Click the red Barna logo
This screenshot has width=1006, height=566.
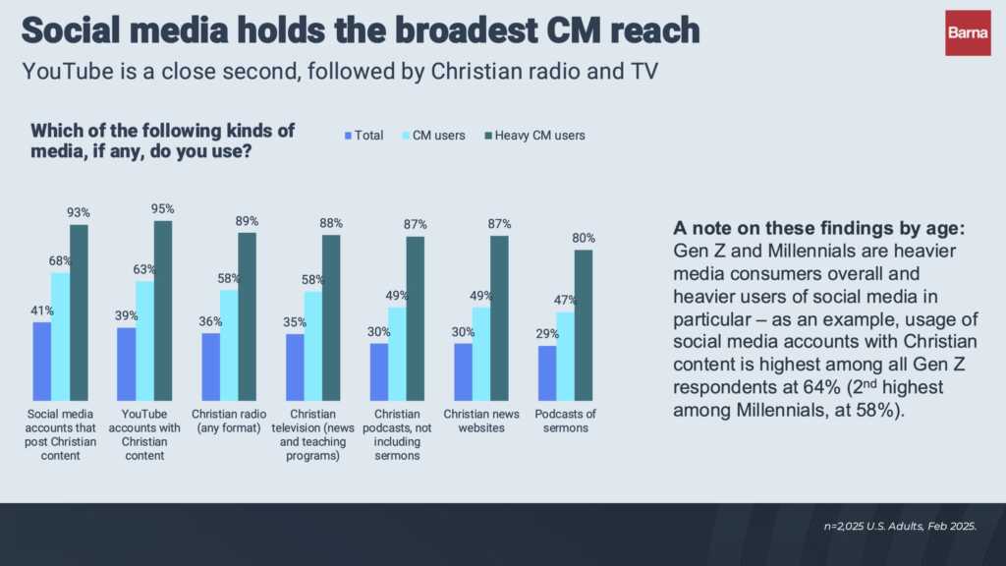[968, 32]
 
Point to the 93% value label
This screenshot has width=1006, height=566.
[79, 212]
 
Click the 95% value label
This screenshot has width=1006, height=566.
[163, 208]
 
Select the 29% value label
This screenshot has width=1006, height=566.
[547, 334]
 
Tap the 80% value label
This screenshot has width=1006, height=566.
[584, 238]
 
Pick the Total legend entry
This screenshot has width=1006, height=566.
[362, 136]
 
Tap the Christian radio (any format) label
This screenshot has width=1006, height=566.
[228, 421]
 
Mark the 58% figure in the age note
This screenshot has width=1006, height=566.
[872, 410]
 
